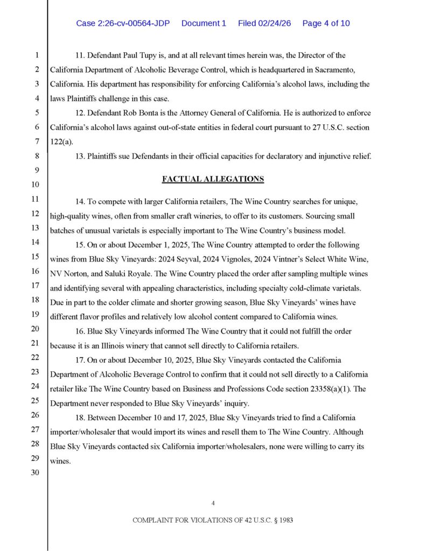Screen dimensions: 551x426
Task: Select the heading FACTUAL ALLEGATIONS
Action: point(213,179)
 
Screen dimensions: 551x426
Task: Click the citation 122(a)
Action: point(60,143)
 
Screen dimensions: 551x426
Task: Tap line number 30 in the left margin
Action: point(37,474)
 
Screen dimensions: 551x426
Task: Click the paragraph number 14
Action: point(79,201)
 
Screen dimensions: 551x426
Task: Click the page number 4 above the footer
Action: point(213,503)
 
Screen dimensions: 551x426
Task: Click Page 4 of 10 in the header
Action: point(326,23)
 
